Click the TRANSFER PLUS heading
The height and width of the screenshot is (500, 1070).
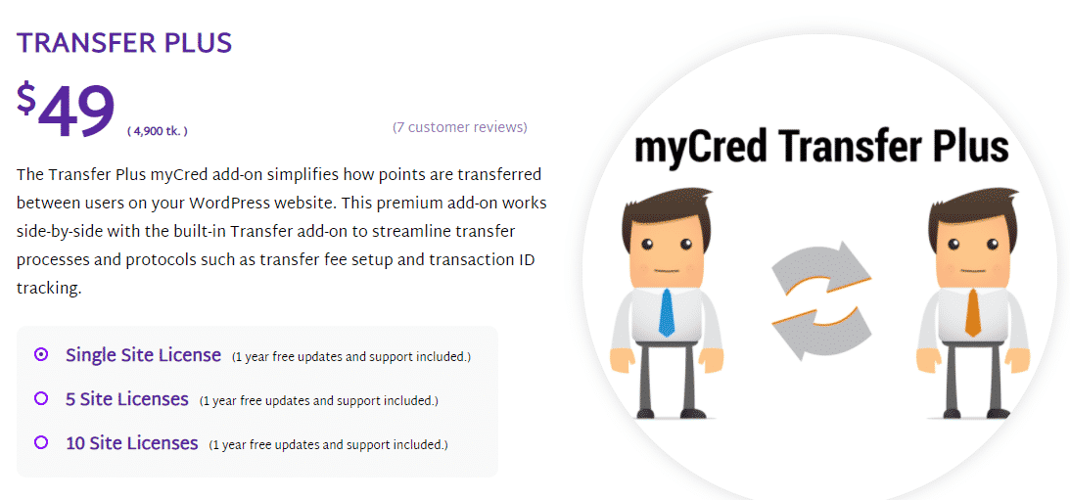[x=124, y=43]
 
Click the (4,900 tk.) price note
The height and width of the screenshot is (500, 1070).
[x=157, y=131]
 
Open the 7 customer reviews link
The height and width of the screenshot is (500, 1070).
[x=460, y=127]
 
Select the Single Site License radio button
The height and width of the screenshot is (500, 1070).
[x=41, y=355]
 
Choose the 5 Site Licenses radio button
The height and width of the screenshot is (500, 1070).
[x=41, y=398]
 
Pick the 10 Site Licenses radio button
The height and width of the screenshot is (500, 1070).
[x=41, y=442]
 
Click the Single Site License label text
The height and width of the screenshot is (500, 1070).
[x=143, y=355]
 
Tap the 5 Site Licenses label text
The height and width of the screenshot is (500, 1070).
[x=127, y=399]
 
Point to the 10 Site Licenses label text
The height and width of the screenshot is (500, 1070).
[x=132, y=443]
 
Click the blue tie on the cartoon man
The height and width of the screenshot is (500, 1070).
[x=666, y=313]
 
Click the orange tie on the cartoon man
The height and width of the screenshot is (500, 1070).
[x=973, y=312]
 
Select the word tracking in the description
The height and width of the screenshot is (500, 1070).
[x=49, y=290]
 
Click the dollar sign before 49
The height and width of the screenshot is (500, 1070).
[x=25, y=98]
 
